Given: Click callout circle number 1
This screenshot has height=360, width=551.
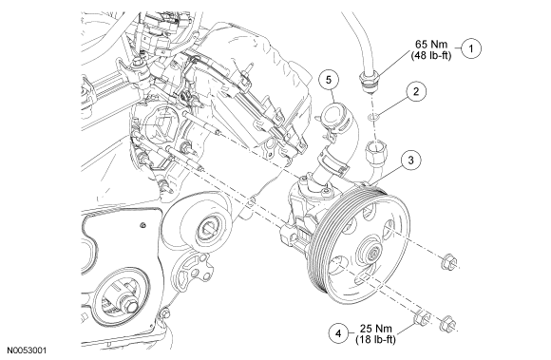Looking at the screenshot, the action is coord(471,48).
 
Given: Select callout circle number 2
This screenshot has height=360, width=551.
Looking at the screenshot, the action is coord(416,92).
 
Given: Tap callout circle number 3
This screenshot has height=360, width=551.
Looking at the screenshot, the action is coord(410,161).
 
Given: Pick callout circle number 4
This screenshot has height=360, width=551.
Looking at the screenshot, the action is coord(339,333).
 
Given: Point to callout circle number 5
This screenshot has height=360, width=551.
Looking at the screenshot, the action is coord(329,80).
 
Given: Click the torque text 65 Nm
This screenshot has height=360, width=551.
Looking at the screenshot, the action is coord(431,45).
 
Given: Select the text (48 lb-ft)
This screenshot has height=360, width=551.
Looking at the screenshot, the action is coord(430,55).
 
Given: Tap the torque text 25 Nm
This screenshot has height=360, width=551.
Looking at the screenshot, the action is coord(375,329).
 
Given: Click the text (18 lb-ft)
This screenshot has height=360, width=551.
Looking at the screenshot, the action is coord(375,340).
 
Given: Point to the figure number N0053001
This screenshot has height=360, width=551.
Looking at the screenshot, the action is coord(27,351).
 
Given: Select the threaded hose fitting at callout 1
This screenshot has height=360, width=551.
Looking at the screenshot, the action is coord(369,80).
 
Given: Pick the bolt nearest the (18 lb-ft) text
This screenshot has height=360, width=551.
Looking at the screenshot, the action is coord(423,318).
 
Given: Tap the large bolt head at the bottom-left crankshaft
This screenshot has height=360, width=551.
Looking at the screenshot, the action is coord(128,304).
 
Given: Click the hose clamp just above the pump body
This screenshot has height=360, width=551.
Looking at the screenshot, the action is coord(331,161).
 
